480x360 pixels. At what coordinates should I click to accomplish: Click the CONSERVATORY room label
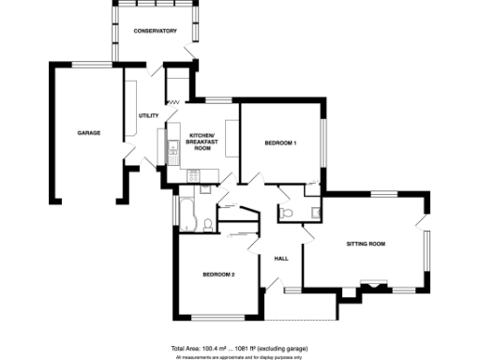[x=155, y=31]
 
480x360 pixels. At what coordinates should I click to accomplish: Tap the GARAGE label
[x=88, y=132]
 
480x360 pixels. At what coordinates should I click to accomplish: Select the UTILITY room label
[x=148, y=115]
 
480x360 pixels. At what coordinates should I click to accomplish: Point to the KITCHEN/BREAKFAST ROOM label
[x=202, y=142]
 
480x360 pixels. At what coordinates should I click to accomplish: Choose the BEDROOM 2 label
[x=217, y=274]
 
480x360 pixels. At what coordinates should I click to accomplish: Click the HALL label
[x=280, y=258]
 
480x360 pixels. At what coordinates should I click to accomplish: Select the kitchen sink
[x=173, y=147]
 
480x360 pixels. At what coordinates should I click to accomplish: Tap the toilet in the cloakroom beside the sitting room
[x=288, y=214]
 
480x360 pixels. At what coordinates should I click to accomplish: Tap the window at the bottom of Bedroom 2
[x=215, y=317]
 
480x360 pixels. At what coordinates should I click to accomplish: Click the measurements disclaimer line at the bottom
[x=239, y=356]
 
